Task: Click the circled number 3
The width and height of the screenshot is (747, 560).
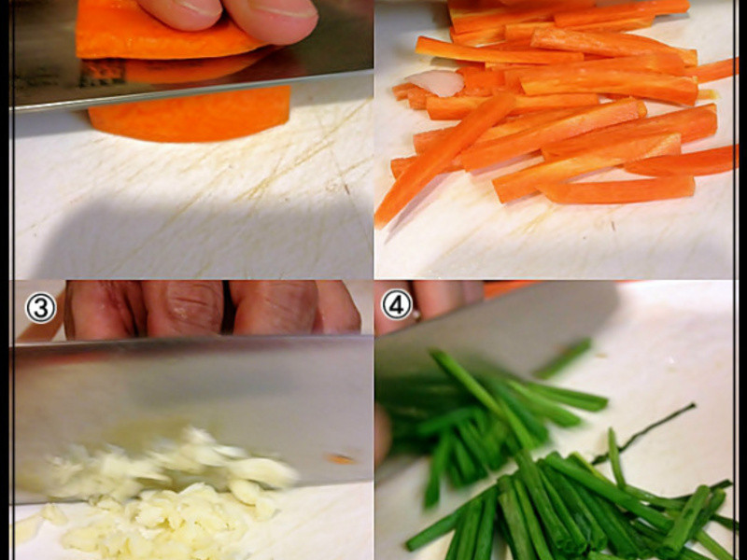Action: pyautogui.click(x=40, y=308)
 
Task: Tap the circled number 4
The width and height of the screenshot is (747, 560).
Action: pyautogui.click(x=396, y=304)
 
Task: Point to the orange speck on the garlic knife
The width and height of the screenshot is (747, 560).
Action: pyautogui.click(x=340, y=459)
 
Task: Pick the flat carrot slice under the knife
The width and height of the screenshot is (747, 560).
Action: pyautogui.click(x=190, y=114)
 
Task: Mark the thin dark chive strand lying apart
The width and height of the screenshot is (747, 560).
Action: pyautogui.click(x=643, y=434)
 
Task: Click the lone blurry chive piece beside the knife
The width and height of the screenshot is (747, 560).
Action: pyautogui.click(x=563, y=358)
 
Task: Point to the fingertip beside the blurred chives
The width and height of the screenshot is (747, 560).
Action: pyautogui.click(x=382, y=437)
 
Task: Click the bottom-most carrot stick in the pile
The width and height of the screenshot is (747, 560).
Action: pyautogui.click(x=617, y=190)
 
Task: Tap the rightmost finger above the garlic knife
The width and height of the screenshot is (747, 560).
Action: pyautogui.click(x=337, y=307)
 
